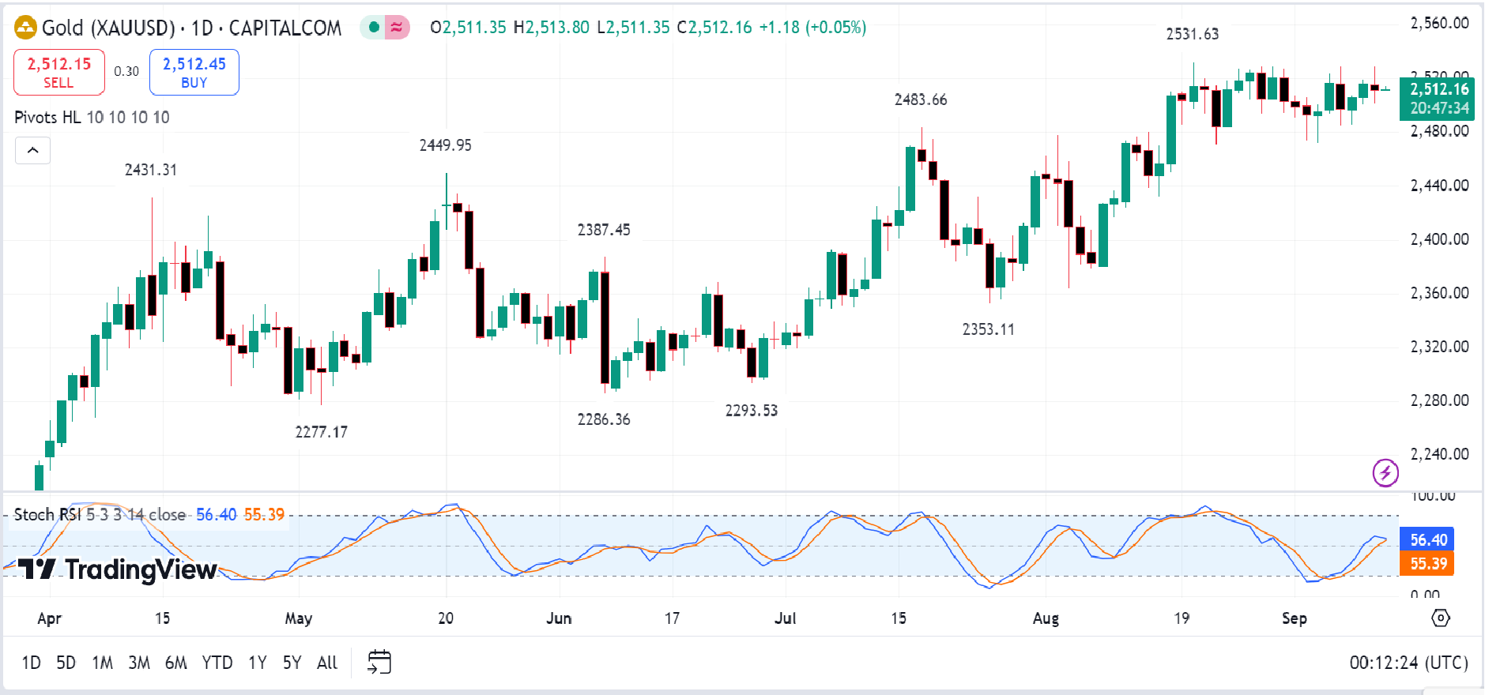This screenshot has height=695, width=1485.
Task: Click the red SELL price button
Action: coord(59,72)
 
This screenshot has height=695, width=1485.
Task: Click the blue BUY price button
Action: coord(194,72)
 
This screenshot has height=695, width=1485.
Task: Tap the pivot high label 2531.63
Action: coord(1192,34)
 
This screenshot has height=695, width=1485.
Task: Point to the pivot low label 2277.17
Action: coord(321,432)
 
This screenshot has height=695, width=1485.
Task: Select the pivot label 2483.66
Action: coord(920,100)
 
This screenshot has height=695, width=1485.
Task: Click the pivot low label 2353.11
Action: coord(988,329)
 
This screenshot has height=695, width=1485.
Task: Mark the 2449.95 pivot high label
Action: coord(445,145)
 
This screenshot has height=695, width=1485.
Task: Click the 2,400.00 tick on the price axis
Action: coord(1439,239)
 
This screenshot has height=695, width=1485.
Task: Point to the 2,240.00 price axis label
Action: coord(1439,454)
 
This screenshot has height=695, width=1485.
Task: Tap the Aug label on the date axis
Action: coord(1045,618)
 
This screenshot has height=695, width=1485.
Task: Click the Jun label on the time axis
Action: coord(558,618)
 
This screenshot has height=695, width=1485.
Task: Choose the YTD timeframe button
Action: coord(217,663)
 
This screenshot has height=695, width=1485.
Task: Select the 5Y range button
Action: coord(292,663)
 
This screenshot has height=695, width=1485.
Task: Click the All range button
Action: coord(326,663)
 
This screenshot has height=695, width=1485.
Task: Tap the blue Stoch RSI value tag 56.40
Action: coord(1427,540)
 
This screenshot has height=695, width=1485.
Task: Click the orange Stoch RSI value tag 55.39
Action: coord(1427,564)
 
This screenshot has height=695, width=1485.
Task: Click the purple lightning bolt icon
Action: coord(1385,473)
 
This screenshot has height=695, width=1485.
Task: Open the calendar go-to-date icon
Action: coord(379,662)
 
